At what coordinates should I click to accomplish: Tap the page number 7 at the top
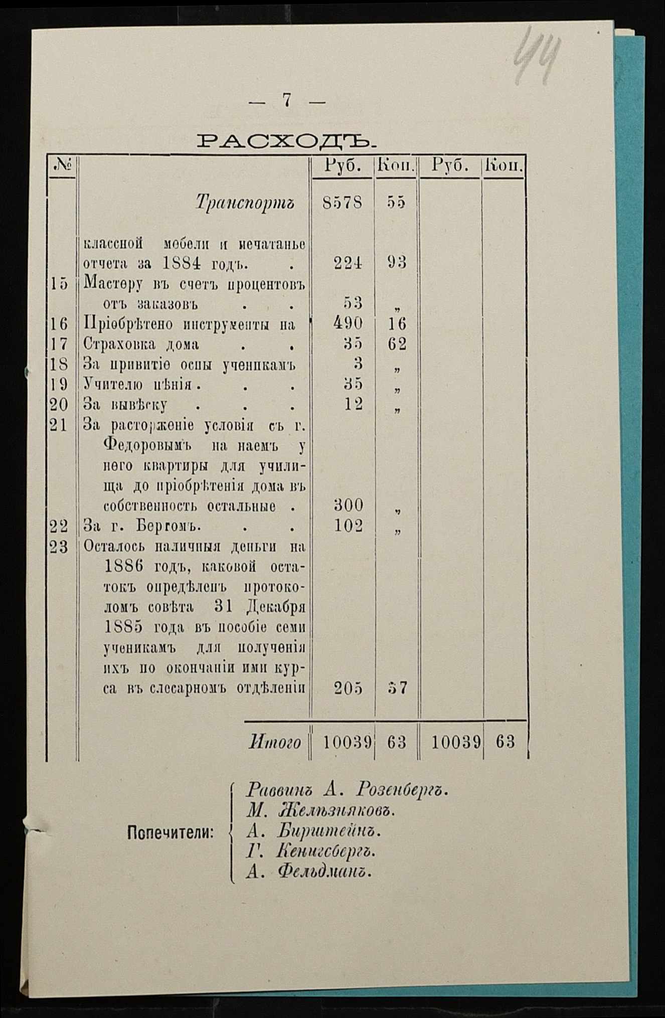click(287, 101)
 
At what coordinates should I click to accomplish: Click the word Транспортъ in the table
click(245, 203)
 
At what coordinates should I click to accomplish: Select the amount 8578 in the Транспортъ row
click(343, 203)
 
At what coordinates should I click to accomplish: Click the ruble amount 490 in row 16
click(348, 323)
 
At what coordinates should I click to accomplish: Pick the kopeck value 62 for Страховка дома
click(397, 344)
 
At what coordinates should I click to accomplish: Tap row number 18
click(59, 364)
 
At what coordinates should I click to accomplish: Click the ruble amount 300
click(349, 505)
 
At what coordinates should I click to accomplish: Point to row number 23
click(59, 547)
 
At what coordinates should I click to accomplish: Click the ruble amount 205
click(349, 689)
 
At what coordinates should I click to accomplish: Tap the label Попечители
click(171, 833)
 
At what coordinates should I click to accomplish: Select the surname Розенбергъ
click(401, 791)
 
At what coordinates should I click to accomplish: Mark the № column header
click(62, 165)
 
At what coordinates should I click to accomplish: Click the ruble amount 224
click(348, 263)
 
